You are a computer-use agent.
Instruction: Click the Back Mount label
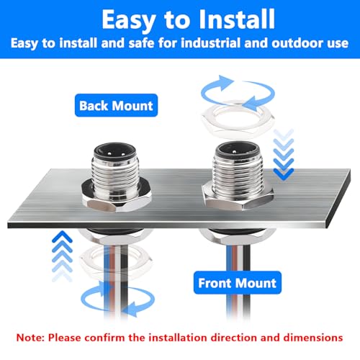(116, 105)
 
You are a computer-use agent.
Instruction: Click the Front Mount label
(238, 283)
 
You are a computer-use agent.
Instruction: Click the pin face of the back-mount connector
(114, 152)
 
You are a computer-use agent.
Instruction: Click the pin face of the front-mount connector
(237, 150)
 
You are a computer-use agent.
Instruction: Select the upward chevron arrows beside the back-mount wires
(62, 256)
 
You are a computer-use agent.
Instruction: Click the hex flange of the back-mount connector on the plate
(117, 197)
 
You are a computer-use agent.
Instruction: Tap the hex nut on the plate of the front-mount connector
(238, 197)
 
